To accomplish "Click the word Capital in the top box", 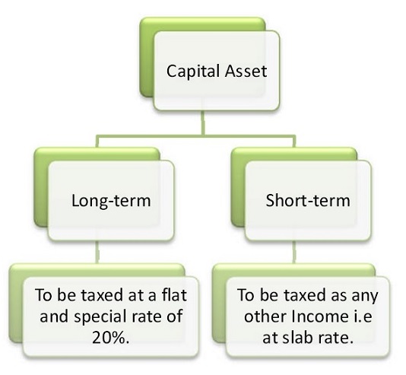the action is coord(194,72).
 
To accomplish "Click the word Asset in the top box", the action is coord(246,71).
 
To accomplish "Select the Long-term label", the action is coord(111,201).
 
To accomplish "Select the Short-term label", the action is coord(308,201).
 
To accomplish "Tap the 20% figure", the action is coord(111,338).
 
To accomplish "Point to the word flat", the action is coord(174,295).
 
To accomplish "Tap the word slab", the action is coord(296,338).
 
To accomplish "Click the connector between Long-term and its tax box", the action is coord(97,253).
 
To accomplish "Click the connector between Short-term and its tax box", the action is coord(294,253).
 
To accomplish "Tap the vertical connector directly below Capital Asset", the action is coord(203,122).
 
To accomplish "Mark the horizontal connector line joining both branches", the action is coord(195,136).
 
